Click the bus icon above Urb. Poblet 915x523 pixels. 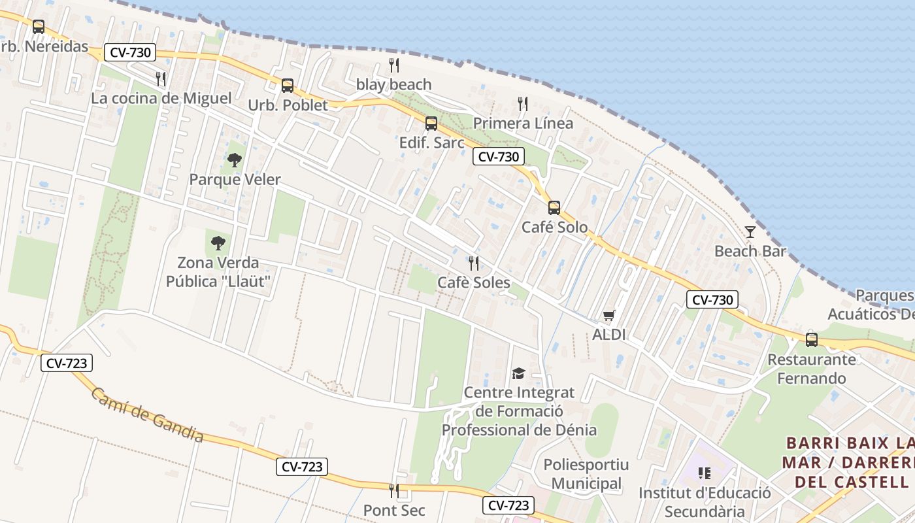(x=288, y=86)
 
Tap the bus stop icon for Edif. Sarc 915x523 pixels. (x=431, y=124)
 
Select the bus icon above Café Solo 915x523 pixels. (x=554, y=208)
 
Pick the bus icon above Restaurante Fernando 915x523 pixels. (x=811, y=339)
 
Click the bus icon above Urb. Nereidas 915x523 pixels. (x=39, y=27)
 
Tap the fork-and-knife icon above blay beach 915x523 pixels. (x=393, y=65)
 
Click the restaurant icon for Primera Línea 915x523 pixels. (x=522, y=104)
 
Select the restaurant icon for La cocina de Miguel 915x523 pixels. (x=161, y=79)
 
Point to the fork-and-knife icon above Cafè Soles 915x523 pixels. (x=474, y=263)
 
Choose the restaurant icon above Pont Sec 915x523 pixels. (x=393, y=491)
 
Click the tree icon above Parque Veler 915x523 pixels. (x=234, y=160)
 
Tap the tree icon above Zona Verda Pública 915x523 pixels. (x=218, y=243)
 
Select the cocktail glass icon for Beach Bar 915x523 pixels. (x=750, y=232)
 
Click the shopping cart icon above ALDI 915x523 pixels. (x=609, y=316)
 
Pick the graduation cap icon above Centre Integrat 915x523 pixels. (x=518, y=373)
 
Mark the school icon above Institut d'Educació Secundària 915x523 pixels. (x=704, y=473)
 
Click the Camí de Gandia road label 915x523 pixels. (x=147, y=415)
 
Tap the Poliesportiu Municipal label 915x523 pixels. (x=586, y=474)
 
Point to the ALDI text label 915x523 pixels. (x=609, y=335)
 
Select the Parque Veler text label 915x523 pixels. (x=235, y=179)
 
